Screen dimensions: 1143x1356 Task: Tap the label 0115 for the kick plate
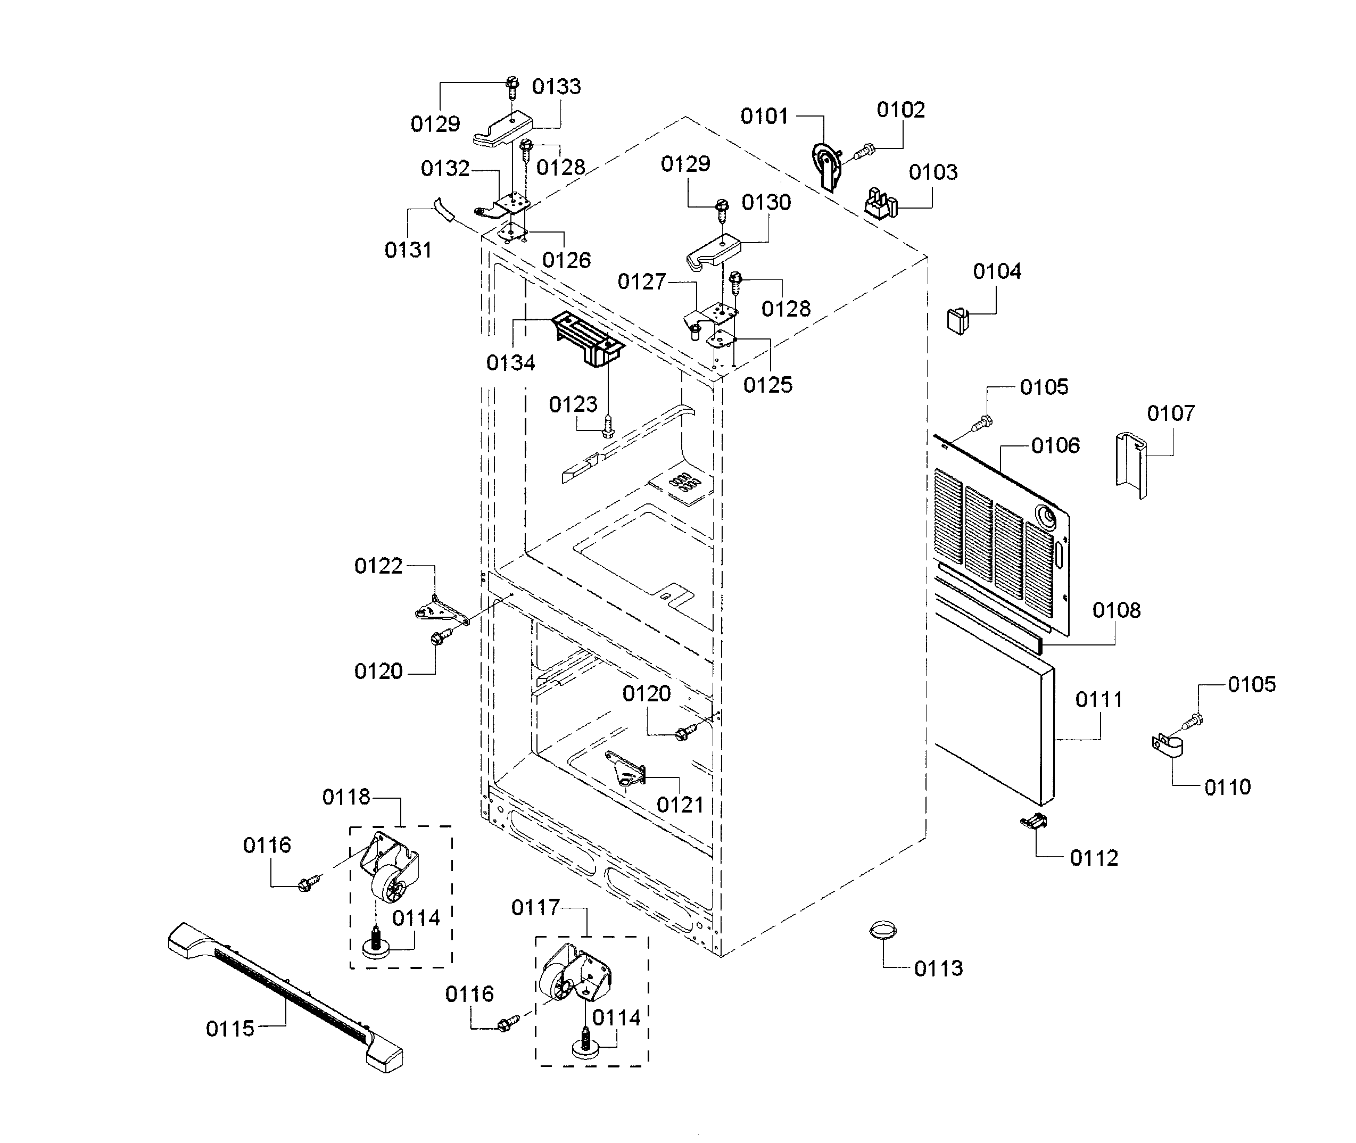[x=230, y=1029]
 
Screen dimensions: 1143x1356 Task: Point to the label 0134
[x=510, y=363]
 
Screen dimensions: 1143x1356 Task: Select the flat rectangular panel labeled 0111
[x=995, y=732]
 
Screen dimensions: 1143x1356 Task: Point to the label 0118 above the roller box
[x=346, y=797]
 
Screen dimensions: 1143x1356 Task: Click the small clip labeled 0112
[x=1033, y=822]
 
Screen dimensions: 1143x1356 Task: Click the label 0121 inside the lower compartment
[x=680, y=805]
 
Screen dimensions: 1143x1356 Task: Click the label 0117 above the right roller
[x=535, y=908]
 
